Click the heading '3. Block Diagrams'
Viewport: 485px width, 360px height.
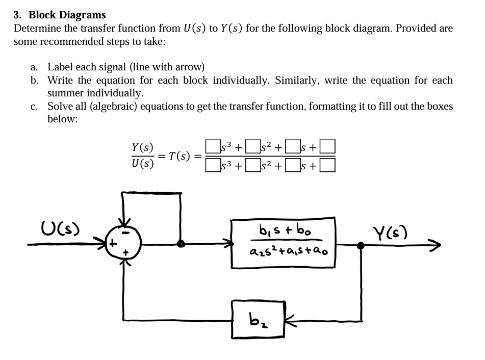(60, 15)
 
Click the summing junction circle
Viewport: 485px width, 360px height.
(123, 244)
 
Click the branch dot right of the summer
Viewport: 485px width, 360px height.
(180, 244)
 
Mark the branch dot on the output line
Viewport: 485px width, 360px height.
(361, 245)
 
